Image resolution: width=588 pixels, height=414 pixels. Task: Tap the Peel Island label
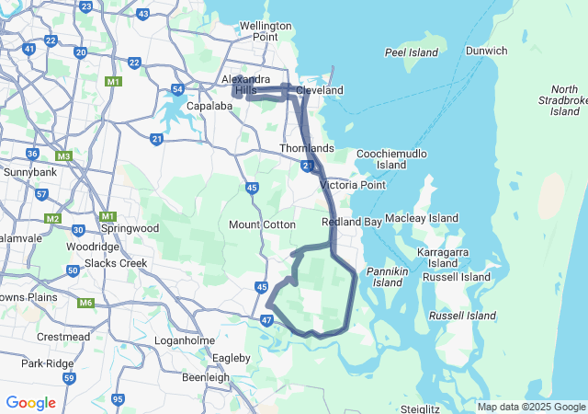click(412, 52)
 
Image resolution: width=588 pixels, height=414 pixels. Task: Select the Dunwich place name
click(486, 51)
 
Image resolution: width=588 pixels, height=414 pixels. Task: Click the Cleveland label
click(320, 90)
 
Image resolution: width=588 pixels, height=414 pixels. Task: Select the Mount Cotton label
click(262, 224)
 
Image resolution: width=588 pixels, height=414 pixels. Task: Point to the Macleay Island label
click(422, 218)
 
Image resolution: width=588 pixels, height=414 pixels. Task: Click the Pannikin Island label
click(388, 277)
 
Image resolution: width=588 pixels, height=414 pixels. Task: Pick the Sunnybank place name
click(30, 172)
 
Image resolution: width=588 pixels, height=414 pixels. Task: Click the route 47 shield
click(266, 319)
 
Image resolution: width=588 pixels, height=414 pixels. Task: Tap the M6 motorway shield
click(86, 303)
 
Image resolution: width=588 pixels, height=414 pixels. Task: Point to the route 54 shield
click(177, 89)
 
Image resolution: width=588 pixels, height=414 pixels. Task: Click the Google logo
click(30, 403)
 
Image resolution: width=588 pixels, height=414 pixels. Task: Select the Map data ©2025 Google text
click(531, 407)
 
